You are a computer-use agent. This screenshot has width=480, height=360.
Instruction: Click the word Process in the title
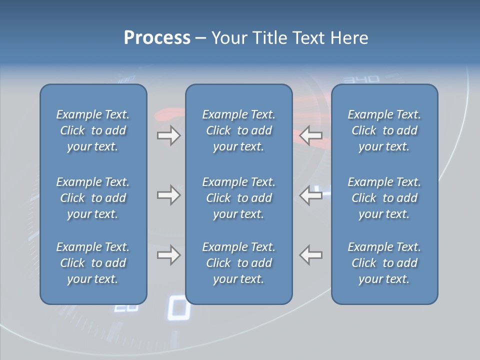pyautogui.click(x=157, y=38)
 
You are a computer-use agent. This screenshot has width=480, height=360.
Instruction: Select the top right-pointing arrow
pyautogui.click(x=168, y=135)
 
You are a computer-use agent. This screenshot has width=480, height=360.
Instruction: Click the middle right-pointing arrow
pyautogui.click(x=168, y=195)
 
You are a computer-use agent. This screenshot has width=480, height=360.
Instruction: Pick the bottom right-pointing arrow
pyautogui.click(x=168, y=255)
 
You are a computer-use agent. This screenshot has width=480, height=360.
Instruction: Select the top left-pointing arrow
pyautogui.click(x=310, y=135)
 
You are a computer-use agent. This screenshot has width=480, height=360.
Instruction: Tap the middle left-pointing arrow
pyautogui.click(x=310, y=195)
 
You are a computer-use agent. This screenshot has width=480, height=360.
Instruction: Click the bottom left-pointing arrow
pyautogui.click(x=310, y=255)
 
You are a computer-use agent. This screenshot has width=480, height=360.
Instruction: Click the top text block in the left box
pyautogui.click(x=93, y=130)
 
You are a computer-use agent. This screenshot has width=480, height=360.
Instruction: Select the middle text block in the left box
pyautogui.click(x=93, y=198)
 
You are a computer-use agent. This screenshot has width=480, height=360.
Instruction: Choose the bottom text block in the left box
pyautogui.click(x=93, y=263)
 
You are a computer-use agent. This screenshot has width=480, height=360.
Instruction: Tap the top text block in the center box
pyautogui.click(x=238, y=130)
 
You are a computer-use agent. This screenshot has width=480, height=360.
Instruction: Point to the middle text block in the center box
pyautogui.click(x=238, y=198)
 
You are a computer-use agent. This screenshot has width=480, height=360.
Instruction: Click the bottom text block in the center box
pyautogui.click(x=238, y=263)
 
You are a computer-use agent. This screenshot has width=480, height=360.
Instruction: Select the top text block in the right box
pyautogui.click(x=384, y=130)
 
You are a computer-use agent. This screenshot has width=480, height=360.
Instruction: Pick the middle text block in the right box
pyautogui.click(x=384, y=198)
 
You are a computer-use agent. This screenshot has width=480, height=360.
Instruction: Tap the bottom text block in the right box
pyautogui.click(x=384, y=263)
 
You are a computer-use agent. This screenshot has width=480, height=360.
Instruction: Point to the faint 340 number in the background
pyautogui.click(x=362, y=79)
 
